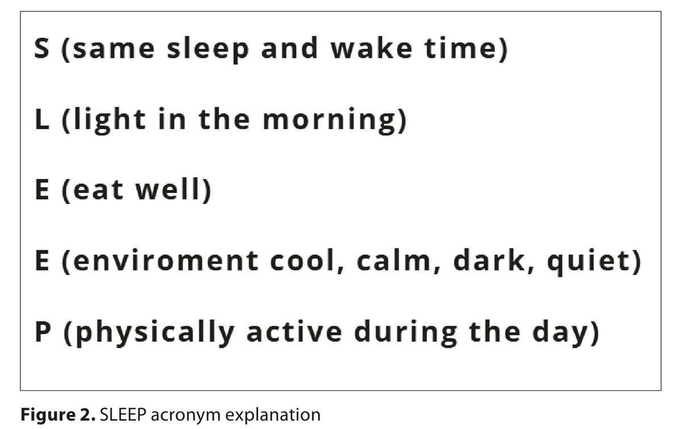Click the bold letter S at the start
tap(41, 48)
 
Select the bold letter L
tap(42, 119)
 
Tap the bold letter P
tap(43, 332)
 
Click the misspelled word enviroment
tap(165, 261)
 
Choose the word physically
tap(155, 333)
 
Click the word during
tap(406, 333)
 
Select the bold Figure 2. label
tap(58, 415)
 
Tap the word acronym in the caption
tap(186, 416)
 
